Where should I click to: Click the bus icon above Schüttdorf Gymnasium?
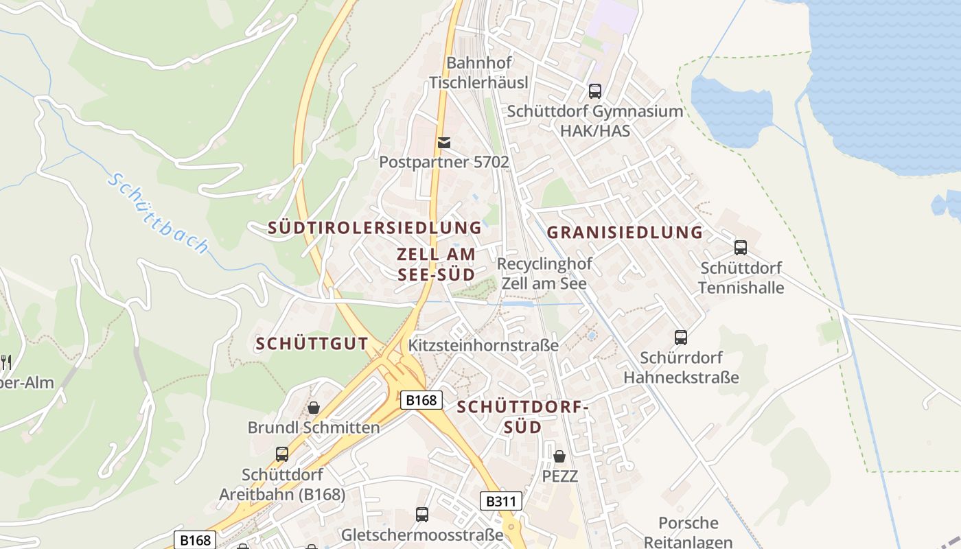594,91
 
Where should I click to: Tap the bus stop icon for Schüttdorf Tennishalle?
740,248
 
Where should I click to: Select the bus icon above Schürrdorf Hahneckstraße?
680,338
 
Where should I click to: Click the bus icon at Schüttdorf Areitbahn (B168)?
281,454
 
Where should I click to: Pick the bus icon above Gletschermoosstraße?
422,515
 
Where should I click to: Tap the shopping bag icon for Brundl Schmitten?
314,408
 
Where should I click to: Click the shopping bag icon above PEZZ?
559,456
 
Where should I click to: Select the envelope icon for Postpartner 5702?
444,142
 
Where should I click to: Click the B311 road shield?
500,501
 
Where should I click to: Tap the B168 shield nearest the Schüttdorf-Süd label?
421,400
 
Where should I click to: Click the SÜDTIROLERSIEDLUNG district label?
374,228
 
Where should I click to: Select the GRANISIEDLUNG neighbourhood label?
625,233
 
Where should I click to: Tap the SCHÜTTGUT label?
312,344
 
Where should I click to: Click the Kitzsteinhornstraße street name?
483,345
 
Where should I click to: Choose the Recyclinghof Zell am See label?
544,274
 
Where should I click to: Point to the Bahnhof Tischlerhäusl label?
479,73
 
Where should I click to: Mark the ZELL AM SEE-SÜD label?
436,264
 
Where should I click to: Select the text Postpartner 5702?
444,163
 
